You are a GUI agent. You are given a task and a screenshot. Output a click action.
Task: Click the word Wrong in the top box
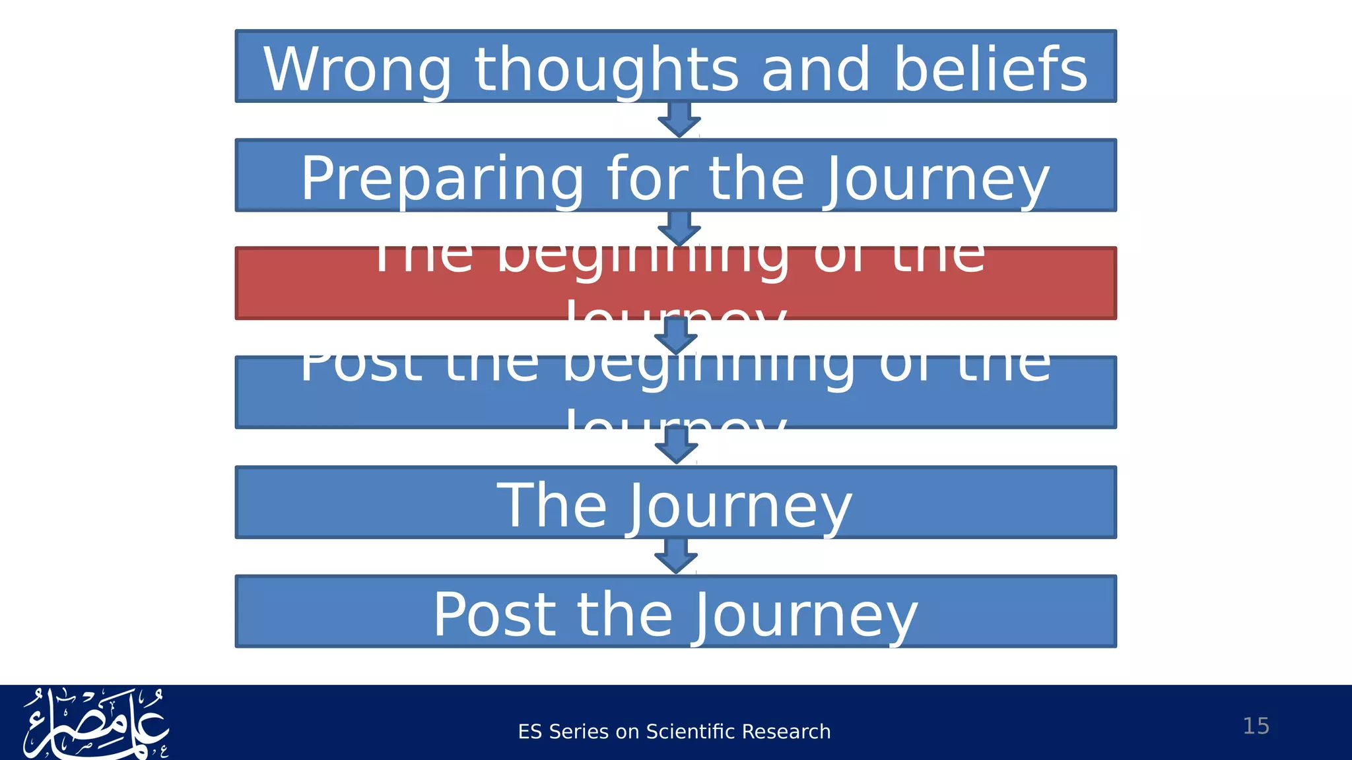coord(357,69)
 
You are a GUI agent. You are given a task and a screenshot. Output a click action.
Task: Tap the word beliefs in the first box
coord(990,69)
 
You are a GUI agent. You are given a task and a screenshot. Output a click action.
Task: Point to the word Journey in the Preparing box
coord(936,179)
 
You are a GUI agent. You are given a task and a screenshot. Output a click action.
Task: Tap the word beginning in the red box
coord(642,257)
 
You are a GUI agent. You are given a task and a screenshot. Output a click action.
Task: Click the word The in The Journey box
coord(552,505)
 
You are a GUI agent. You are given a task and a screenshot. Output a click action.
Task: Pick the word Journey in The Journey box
coord(739,507)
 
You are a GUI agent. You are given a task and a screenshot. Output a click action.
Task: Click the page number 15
coord(1256,726)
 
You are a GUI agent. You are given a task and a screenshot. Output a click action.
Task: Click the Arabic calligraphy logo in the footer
coord(96,724)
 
